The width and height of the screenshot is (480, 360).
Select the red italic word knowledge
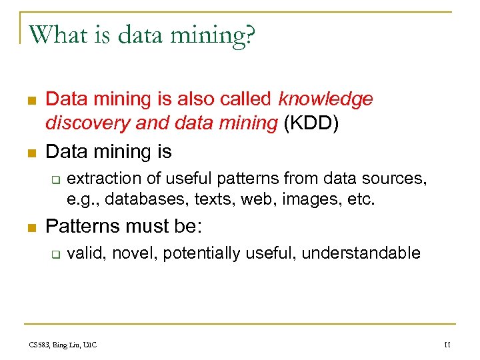coord(326,99)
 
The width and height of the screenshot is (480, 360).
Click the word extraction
coord(101,179)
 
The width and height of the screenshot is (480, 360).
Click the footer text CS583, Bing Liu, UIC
coord(63,345)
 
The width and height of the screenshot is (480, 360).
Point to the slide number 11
coord(447,345)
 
